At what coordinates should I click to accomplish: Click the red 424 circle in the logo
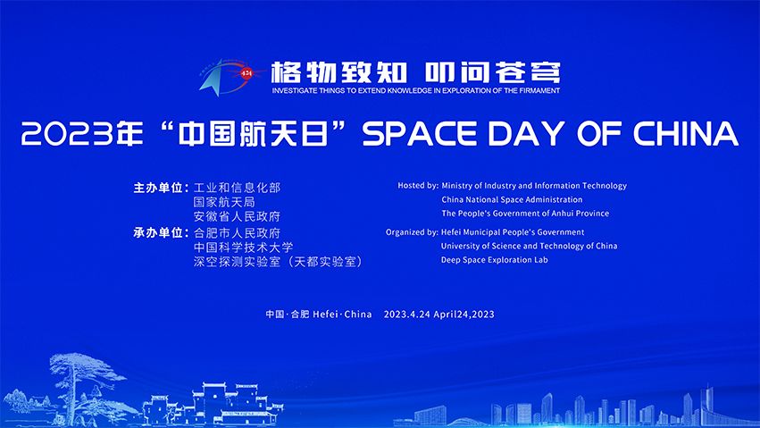(246, 73)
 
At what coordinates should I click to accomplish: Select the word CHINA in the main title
(686, 133)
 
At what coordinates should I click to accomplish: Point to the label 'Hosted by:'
(418, 186)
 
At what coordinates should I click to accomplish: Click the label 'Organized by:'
(412, 232)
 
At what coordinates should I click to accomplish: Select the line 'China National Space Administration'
(512, 199)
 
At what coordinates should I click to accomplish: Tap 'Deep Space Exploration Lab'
(495, 260)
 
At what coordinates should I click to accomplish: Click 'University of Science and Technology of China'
(530, 247)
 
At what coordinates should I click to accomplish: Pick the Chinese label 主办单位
(158, 188)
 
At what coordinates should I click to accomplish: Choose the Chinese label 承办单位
(158, 232)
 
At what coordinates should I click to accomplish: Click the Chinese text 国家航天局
(224, 202)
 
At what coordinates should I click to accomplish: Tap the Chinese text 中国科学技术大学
(243, 248)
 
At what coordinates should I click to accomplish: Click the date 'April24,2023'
(464, 315)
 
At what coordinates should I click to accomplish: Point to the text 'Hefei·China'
(342, 315)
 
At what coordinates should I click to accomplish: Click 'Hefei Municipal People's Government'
(513, 232)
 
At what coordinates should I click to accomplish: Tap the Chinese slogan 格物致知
(338, 72)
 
